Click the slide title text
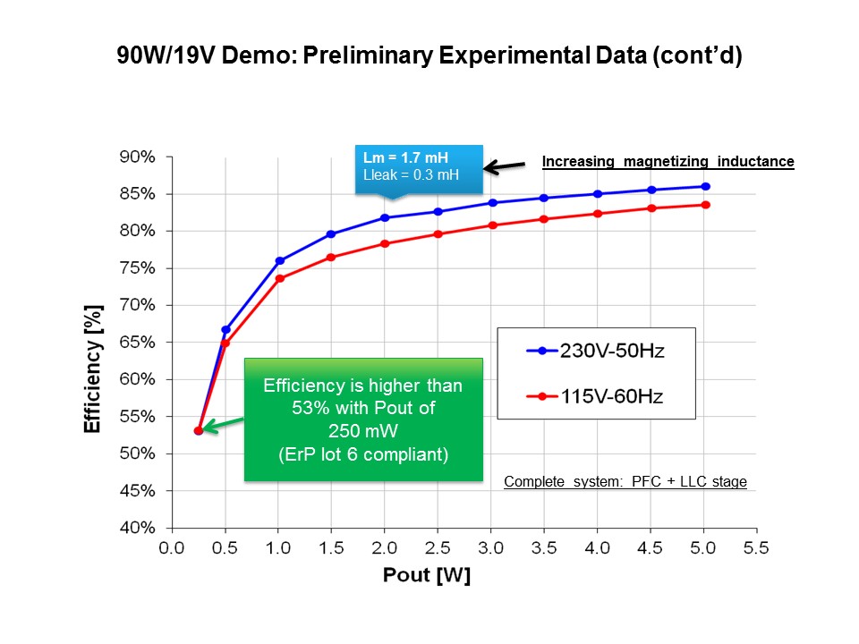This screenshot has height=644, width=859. [429, 56]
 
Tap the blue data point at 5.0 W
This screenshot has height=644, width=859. [706, 186]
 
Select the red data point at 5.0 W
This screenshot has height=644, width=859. [706, 205]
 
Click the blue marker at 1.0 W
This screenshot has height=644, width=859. [280, 260]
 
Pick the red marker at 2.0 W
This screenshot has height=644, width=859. [385, 243]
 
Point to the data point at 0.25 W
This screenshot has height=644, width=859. [199, 430]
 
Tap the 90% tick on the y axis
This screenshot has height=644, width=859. [138, 157]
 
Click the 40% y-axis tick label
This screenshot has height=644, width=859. [138, 528]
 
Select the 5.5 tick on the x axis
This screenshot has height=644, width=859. [755, 547]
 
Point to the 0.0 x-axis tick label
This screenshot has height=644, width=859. [172, 547]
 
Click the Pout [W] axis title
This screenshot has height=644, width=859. [427, 575]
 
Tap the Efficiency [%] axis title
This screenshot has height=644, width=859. [93, 368]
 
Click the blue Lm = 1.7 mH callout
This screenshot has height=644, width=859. [417, 166]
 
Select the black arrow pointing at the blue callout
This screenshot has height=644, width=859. [505, 165]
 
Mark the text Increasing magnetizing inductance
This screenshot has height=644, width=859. [668, 162]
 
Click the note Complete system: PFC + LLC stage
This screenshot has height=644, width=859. [625, 482]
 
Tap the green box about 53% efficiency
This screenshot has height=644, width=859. [363, 419]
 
